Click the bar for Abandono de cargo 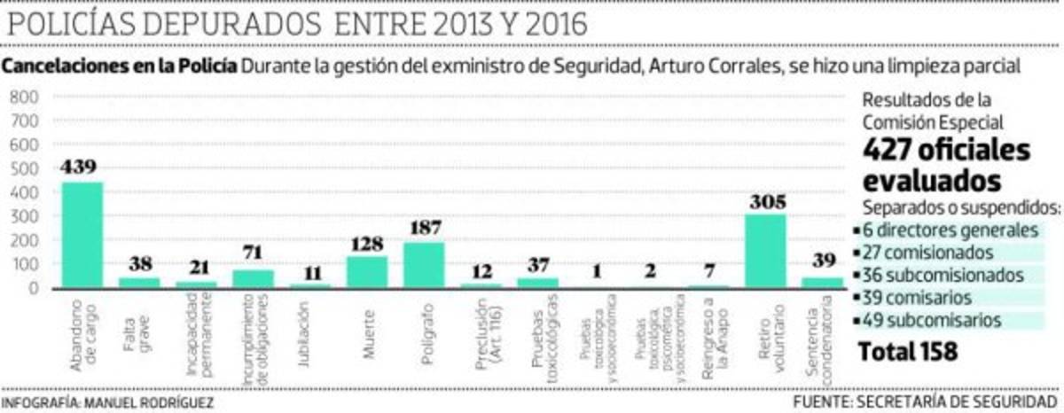coord(82,235)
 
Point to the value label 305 coord(766,201)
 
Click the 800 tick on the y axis coord(24,96)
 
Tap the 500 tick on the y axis coord(24,168)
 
